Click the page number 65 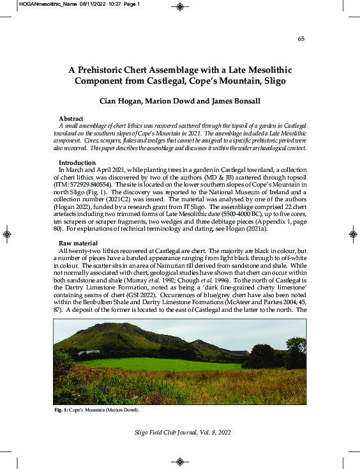click(301, 39)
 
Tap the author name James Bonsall click(234, 101)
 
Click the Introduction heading click(77, 163)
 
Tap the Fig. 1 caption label click(62, 409)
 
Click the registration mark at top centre click(180, 8)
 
